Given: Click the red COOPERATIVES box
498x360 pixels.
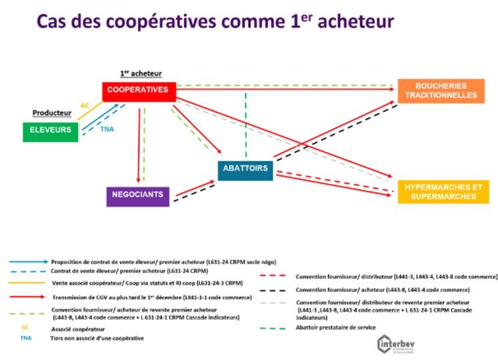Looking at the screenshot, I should pyautogui.click(x=139, y=90).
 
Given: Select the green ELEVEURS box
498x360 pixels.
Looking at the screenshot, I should pyautogui.click(x=50, y=130).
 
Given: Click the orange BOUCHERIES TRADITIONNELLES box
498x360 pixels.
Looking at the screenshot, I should pyautogui.click(x=441, y=91).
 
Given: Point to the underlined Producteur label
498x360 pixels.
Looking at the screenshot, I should pyautogui.click(x=52, y=113).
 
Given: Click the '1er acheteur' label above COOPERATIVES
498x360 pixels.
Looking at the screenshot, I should pyautogui.click(x=141, y=73).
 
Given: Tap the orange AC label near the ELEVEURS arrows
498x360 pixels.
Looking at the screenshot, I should pyautogui.click(x=85, y=105).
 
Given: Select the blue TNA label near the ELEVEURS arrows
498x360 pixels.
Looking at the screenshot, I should pyautogui.click(x=107, y=129).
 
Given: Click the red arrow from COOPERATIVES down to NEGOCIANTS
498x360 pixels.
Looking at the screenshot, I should pyautogui.click(x=140, y=143).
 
